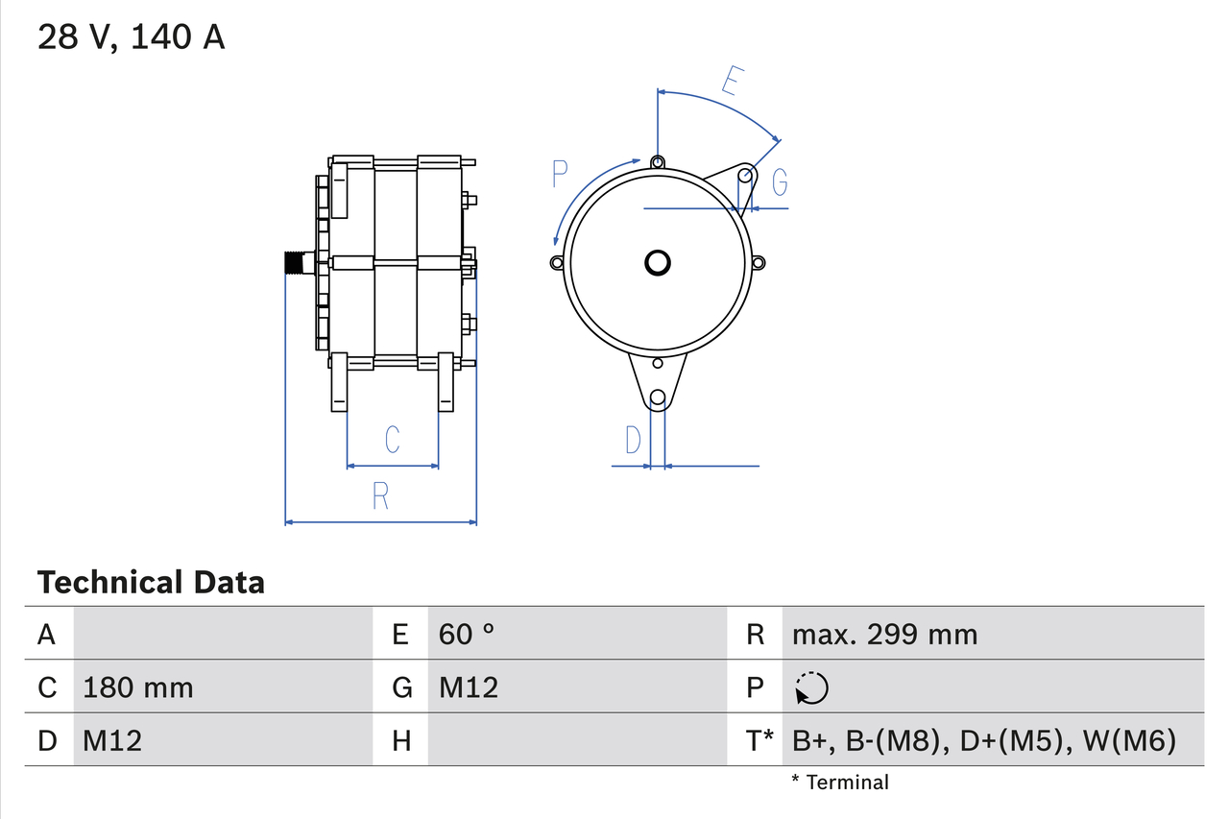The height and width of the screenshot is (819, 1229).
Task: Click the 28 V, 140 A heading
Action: click(x=132, y=37)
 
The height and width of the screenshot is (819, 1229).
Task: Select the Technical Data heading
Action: click(x=151, y=582)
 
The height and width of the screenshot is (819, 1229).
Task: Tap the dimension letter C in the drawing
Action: click(x=392, y=439)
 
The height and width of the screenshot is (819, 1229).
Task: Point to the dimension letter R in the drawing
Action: click(x=380, y=495)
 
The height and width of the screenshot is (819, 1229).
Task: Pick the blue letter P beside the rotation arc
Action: click(x=561, y=174)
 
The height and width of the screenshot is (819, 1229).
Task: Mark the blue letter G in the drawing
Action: click(x=780, y=181)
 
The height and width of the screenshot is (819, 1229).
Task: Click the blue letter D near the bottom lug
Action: click(x=632, y=440)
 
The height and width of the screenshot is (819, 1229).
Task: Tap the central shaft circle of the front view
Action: click(x=658, y=262)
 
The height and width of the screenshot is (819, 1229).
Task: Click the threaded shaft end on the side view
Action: click(x=296, y=262)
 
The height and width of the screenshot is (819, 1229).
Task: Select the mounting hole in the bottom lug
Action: click(x=658, y=397)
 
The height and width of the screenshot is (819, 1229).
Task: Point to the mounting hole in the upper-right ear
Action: click(x=745, y=176)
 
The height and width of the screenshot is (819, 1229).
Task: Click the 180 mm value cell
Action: click(x=138, y=687)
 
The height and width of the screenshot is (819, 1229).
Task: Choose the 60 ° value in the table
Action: click(x=468, y=634)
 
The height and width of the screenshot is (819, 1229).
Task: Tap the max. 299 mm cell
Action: click(x=884, y=634)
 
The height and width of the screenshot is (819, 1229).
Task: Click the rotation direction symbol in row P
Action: click(x=811, y=687)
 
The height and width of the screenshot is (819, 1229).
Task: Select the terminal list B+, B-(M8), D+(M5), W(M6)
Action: click(x=984, y=740)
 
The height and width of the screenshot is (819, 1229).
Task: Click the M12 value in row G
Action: click(x=469, y=687)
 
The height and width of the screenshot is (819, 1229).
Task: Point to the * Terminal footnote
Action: click(x=840, y=782)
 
